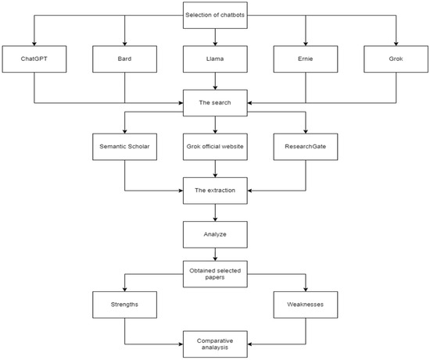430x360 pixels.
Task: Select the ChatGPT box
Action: (x=34, y=59)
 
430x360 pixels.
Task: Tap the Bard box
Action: (x=124, y=59)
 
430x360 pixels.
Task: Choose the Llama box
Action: (x=214, y=59)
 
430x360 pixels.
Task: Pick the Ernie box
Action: (x=305, y=59)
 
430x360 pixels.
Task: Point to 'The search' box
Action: (x=214, y=102)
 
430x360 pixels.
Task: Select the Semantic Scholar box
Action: (x=124, y=146)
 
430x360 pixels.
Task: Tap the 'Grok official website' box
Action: (x=214, y=146)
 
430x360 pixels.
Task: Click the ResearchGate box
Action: (x=305, y=146)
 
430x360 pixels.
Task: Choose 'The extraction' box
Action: (x=214, y=189)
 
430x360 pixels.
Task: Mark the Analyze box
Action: (x=214, y=232)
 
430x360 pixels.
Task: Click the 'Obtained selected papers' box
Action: (x=214, y=275)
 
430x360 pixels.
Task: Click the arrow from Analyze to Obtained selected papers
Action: (x=214, y=253)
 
